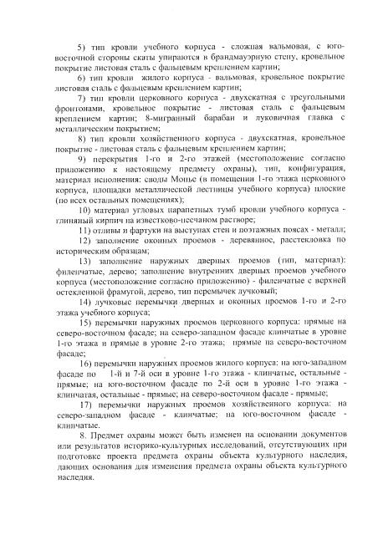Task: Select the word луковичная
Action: click(x=270, y=120)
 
